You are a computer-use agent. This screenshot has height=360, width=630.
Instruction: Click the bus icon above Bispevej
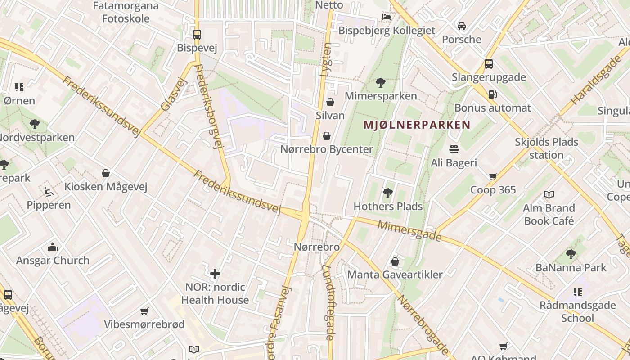coord(197,34)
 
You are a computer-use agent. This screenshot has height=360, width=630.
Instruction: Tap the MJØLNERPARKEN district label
coord(417,125)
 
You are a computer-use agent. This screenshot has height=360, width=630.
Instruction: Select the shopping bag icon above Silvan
coord(330,102)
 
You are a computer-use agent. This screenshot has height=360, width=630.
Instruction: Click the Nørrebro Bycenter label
coord(327,149)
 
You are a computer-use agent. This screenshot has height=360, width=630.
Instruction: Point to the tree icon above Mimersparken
coord(380,83)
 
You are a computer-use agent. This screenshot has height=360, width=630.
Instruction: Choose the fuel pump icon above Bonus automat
coord(493,94)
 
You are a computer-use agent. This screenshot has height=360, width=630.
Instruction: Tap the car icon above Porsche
coord(462,26)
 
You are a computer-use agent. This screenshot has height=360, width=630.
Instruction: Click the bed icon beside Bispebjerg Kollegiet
coord(387,17)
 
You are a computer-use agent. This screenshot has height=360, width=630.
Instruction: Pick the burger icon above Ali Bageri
coord(454,149)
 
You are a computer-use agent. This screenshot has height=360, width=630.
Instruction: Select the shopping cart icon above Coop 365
coord(493,176)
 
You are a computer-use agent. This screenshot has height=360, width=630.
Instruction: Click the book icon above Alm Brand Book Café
coord(549,194)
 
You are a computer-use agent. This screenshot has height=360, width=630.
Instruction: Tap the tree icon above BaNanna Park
coord(571,254)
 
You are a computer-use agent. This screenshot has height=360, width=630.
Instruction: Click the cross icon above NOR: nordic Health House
coord(215,273)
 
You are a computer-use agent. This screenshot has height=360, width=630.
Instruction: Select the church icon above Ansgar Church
coord(53,247)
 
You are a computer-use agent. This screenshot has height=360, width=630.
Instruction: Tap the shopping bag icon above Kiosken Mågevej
coord(106,173)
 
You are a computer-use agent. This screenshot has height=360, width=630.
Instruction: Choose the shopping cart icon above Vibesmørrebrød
coord(144,311)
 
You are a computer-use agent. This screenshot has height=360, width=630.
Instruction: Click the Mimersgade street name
coord(409,230)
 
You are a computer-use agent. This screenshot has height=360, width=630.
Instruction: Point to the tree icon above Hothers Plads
coord(387,193)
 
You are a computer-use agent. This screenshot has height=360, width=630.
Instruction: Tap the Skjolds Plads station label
coord(546,148)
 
